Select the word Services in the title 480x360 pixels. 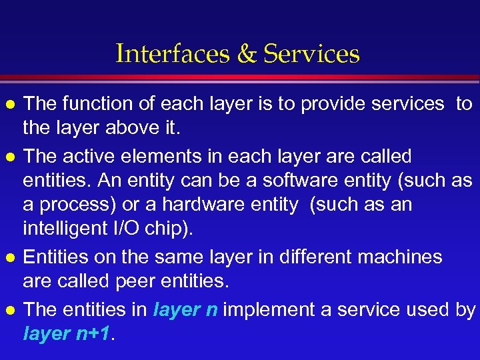pos(311,54)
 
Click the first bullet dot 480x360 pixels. pos(9,105)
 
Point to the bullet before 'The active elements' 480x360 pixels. pos(9,157)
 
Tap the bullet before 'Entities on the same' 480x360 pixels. pos(9,258)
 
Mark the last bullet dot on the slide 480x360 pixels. pos(9,311)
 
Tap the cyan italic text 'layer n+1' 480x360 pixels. pos(67,334)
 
